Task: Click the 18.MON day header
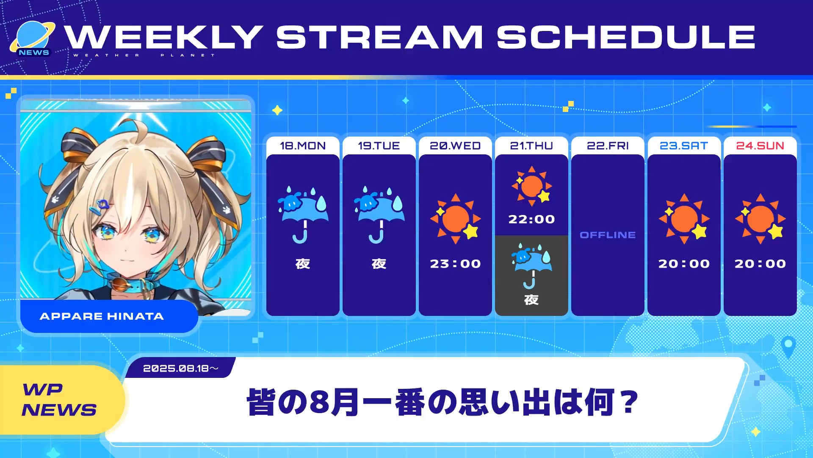pyautogui.click(x=303, y=146)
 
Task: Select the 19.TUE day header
pyautogui.click(x=379, y=146)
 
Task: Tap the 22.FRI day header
pyautogui.click(x=608, y=146)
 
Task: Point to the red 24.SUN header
pyautogui.click(x=760, y=146)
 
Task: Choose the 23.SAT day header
pyautogui.click(x=684, y=146)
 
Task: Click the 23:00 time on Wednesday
pyautogui.click(x=455, y=264)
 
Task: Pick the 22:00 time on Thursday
pyautogui.click(x=531, y=219)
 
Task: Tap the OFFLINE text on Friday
pyautogui.click(x=608, y=235)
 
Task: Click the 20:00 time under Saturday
pyautogui.click(x=684, y=264)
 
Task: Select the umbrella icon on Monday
pyautogui.click(x=303, y=215)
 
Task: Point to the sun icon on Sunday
pyautogui.click(x=760, y=218)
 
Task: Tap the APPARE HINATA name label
pyautogui.click(x=102, y=316)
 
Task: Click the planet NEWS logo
pyautogui.click(x=33, y=39)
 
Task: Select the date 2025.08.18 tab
pyautogui.click(x=180, y=368)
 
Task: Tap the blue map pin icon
pyautogui.click(x=788, y=347)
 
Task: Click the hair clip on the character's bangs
pyautogui.click(x=102, y=207)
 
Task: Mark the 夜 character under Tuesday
pyautogui.click(x=379, y=264)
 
